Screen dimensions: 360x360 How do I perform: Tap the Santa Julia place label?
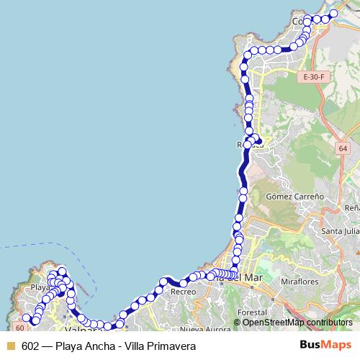coord(340,231)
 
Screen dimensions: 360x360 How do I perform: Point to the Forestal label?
coord(252,313)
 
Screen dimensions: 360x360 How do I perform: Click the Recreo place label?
coord(184,292)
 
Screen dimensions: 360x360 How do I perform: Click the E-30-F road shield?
coord(314,76)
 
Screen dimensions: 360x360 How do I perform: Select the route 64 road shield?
coord(341,148)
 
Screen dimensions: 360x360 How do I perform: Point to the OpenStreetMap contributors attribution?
coord(297,322)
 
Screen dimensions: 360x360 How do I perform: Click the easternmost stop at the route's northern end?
coord(333,14)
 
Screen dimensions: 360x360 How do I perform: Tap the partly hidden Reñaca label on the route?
coord(250,145)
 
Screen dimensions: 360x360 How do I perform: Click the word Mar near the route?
coord(253,276)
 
